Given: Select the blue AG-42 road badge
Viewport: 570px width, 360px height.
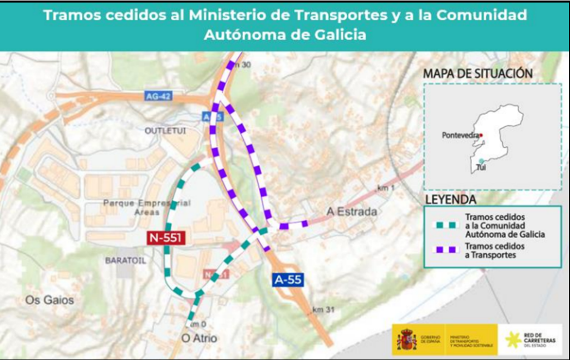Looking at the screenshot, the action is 158,96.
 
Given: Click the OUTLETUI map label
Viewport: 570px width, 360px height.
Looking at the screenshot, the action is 165,130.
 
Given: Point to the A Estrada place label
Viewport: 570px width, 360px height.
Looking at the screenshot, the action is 352,211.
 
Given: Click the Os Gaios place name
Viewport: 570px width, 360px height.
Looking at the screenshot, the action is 50,300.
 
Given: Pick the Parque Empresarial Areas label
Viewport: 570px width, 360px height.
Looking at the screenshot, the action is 146,208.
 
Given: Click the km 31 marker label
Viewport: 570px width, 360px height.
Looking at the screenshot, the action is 323,309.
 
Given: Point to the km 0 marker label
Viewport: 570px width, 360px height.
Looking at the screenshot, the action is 198,324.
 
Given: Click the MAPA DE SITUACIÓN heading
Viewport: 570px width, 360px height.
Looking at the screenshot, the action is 478,73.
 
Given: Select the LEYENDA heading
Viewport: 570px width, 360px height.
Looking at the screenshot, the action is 450,199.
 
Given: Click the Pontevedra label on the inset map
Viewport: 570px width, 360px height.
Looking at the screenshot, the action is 460,135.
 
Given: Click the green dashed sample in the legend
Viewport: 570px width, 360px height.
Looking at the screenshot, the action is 445,225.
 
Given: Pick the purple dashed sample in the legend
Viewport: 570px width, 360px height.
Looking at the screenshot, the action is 445,250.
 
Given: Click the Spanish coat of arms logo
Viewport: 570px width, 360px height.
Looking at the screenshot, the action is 407,339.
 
